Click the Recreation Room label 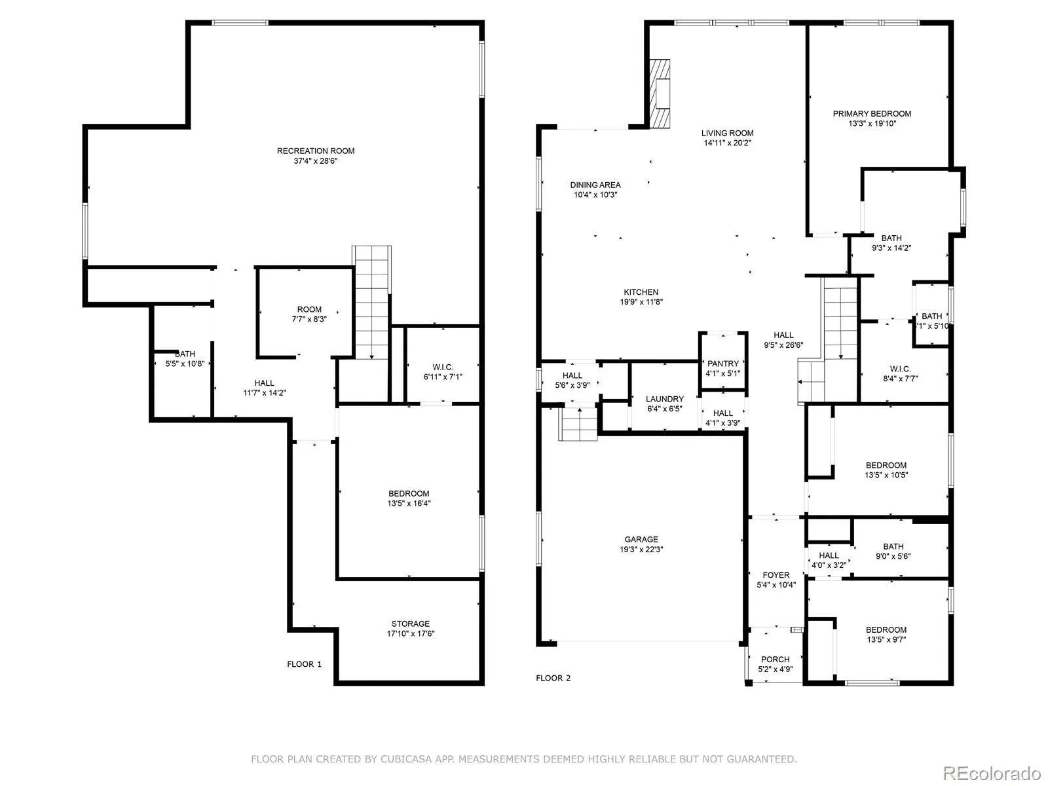coord(316,151)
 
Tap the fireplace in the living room coord(660,94)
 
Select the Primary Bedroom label coord(872,113)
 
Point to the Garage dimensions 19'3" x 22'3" coord(641,549)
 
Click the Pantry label coord(723,364)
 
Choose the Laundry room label coord(665,399)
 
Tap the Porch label coord(776,659)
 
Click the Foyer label coord(776,575)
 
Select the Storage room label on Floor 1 coord(411,624)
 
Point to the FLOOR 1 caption coord(304,664)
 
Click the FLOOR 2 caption coord(553,678)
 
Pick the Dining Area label coord(595,185)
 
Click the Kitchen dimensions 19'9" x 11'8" coord(641,301)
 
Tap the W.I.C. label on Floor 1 coord(443,367)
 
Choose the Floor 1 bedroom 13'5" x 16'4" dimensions coord(409,503)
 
